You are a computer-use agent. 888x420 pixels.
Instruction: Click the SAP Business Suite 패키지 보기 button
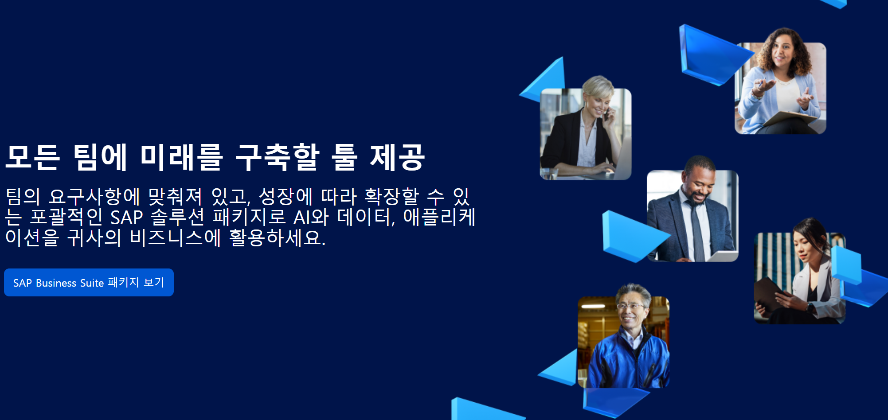point(89,282)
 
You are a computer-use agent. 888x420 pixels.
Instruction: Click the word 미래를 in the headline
point(181,157)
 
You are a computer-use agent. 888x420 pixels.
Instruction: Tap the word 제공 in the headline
point(397,157)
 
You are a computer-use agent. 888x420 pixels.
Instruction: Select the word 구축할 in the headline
point(277,157)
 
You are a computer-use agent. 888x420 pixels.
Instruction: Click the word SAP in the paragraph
point(126,218)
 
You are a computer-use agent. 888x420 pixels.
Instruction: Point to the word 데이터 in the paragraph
point(365,218)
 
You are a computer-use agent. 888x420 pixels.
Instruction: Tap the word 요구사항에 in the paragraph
point(94,197)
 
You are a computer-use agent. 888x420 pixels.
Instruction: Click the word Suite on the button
point(92,283)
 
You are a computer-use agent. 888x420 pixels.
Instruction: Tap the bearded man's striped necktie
point(697,230)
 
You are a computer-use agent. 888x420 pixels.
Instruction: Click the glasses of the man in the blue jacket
point(630,306)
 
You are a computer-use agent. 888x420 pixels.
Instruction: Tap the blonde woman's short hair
point(598,86)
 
